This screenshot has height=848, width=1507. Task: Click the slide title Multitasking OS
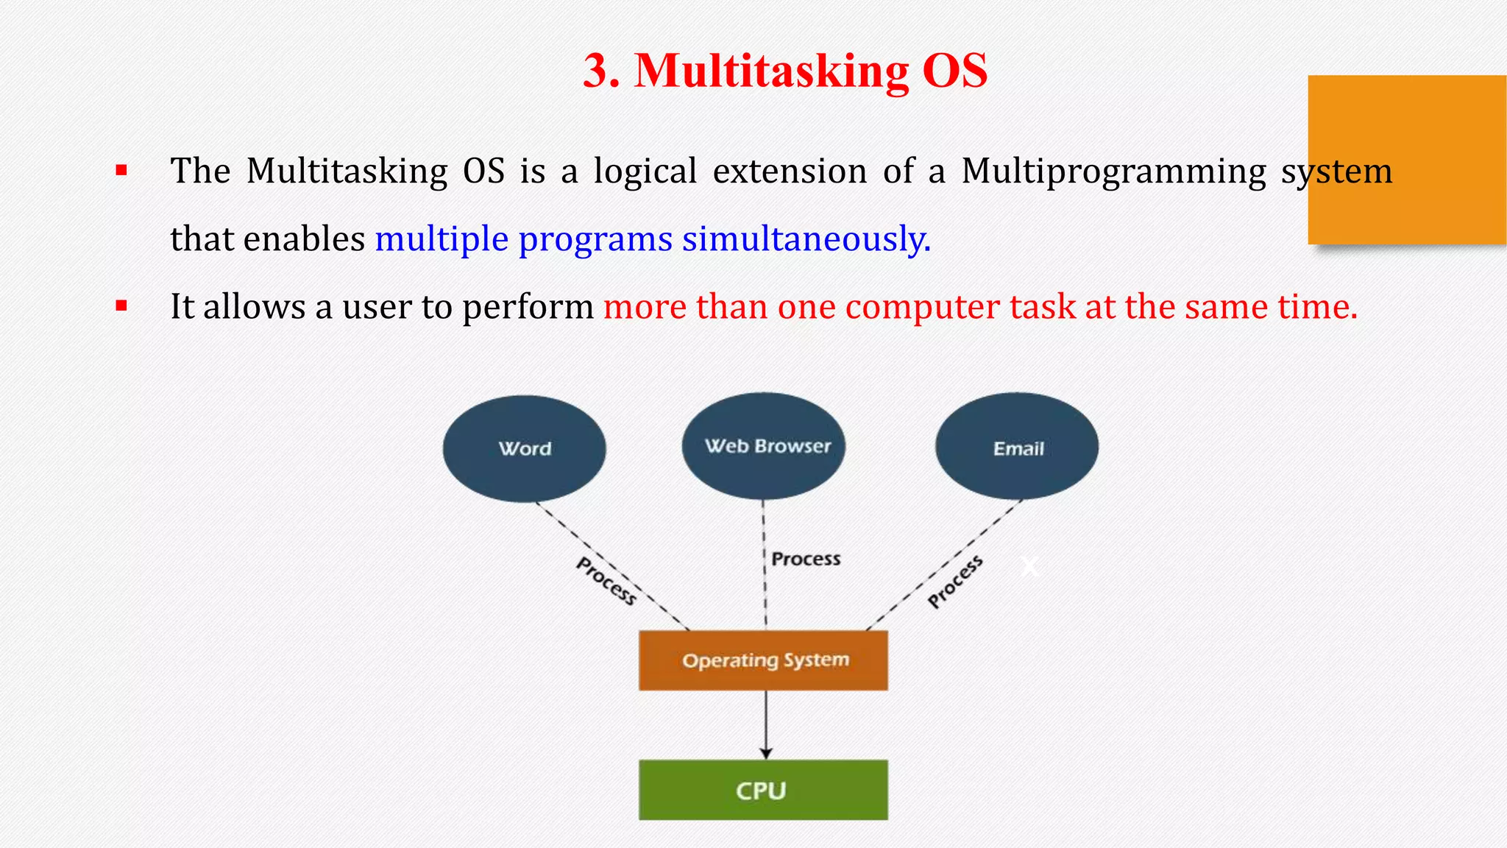point(784,71)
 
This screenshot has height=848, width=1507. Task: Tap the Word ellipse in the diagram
point(524,448)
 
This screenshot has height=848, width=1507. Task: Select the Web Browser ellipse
point(763,446)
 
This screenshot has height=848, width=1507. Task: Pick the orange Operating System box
point(763,660)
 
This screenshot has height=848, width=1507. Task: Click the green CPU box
point(763,790)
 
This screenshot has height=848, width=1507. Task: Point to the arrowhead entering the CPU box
point(766,753)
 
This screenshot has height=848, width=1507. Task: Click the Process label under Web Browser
point(806,559)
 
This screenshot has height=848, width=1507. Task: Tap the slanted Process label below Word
point(606,581)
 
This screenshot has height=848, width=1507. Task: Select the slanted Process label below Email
point(955,582)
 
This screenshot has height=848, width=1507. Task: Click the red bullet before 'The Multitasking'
point(121,172)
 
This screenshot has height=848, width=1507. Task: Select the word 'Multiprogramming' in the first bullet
point(1113,172)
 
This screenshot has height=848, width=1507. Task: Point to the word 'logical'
point(645,172)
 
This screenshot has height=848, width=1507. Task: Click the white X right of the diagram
point(1029,566)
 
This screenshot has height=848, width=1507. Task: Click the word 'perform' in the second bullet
point(528,307)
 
